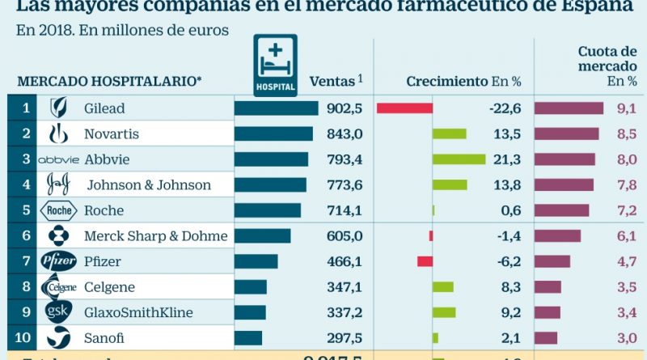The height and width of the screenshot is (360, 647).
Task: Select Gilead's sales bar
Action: point(276,108)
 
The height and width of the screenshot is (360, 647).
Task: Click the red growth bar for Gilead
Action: point(404,108)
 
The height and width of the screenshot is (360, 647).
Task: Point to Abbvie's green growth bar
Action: point(459,159)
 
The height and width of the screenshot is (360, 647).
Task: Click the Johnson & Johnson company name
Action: point(149,184)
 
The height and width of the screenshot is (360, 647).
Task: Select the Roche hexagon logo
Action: point(60,210)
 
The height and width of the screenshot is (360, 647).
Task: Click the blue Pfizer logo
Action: point(60,261)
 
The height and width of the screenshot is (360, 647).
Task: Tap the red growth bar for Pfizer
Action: point(425,261)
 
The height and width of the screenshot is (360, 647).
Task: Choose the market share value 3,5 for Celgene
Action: point(626,287)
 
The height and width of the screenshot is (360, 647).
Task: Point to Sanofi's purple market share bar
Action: point(546,338)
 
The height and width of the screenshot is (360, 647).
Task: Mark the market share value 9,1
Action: point(626,108)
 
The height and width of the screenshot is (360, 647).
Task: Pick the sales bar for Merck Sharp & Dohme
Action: point(262,236)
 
